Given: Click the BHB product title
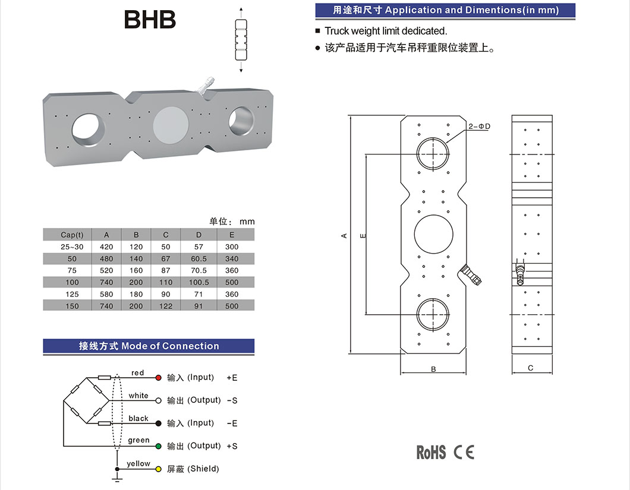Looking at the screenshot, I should click(x=150, y=20).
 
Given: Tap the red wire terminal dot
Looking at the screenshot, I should click(x=159, y=378).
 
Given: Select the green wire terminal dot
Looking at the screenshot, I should click(x=159, y=446).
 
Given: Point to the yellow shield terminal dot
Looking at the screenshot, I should click(x=159, y=469).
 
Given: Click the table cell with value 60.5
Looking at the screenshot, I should click(x=199, y=259).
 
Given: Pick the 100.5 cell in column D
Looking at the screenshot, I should click(x=199, y=283).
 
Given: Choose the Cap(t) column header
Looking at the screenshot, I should click(x=72, y=235).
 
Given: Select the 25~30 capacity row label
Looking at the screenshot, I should click(x=72, y=247).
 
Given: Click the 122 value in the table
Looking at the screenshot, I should click(x=166, y=306).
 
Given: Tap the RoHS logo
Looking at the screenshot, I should click(x=431, y=453).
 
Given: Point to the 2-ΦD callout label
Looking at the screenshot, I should click(x=479, y=127).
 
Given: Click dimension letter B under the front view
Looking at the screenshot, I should click(x=433, y=369).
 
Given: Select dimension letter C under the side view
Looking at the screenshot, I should click(x=531, y=368).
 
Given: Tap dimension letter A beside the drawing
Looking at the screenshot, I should click(x=344, y=236).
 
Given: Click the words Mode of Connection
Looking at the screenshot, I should click(x=171, y=346).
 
